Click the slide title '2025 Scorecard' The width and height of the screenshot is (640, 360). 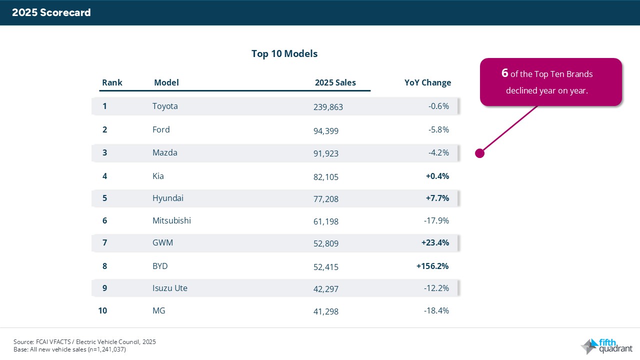coord(51,13)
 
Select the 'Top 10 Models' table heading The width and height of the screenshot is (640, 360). coord(284,53)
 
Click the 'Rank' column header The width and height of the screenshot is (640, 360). coord(112,82)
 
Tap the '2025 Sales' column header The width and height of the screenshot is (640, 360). coord(335,82)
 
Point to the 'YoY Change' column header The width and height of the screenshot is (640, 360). coord(427,82)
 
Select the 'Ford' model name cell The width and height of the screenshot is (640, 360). coord(161,129)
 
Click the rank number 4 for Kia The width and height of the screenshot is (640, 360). coord(105,176)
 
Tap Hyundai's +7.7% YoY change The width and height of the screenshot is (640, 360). coord(437,198)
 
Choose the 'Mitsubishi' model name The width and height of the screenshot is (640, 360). coord(171,220)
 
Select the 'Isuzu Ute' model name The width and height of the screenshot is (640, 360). coord(169,288)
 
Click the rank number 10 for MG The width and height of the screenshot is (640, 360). coord(103,310)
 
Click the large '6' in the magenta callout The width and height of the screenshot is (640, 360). coord(505,73)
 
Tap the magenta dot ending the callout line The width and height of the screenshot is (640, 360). coord(479,153)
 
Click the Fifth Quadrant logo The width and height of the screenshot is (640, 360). coord(606,346)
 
